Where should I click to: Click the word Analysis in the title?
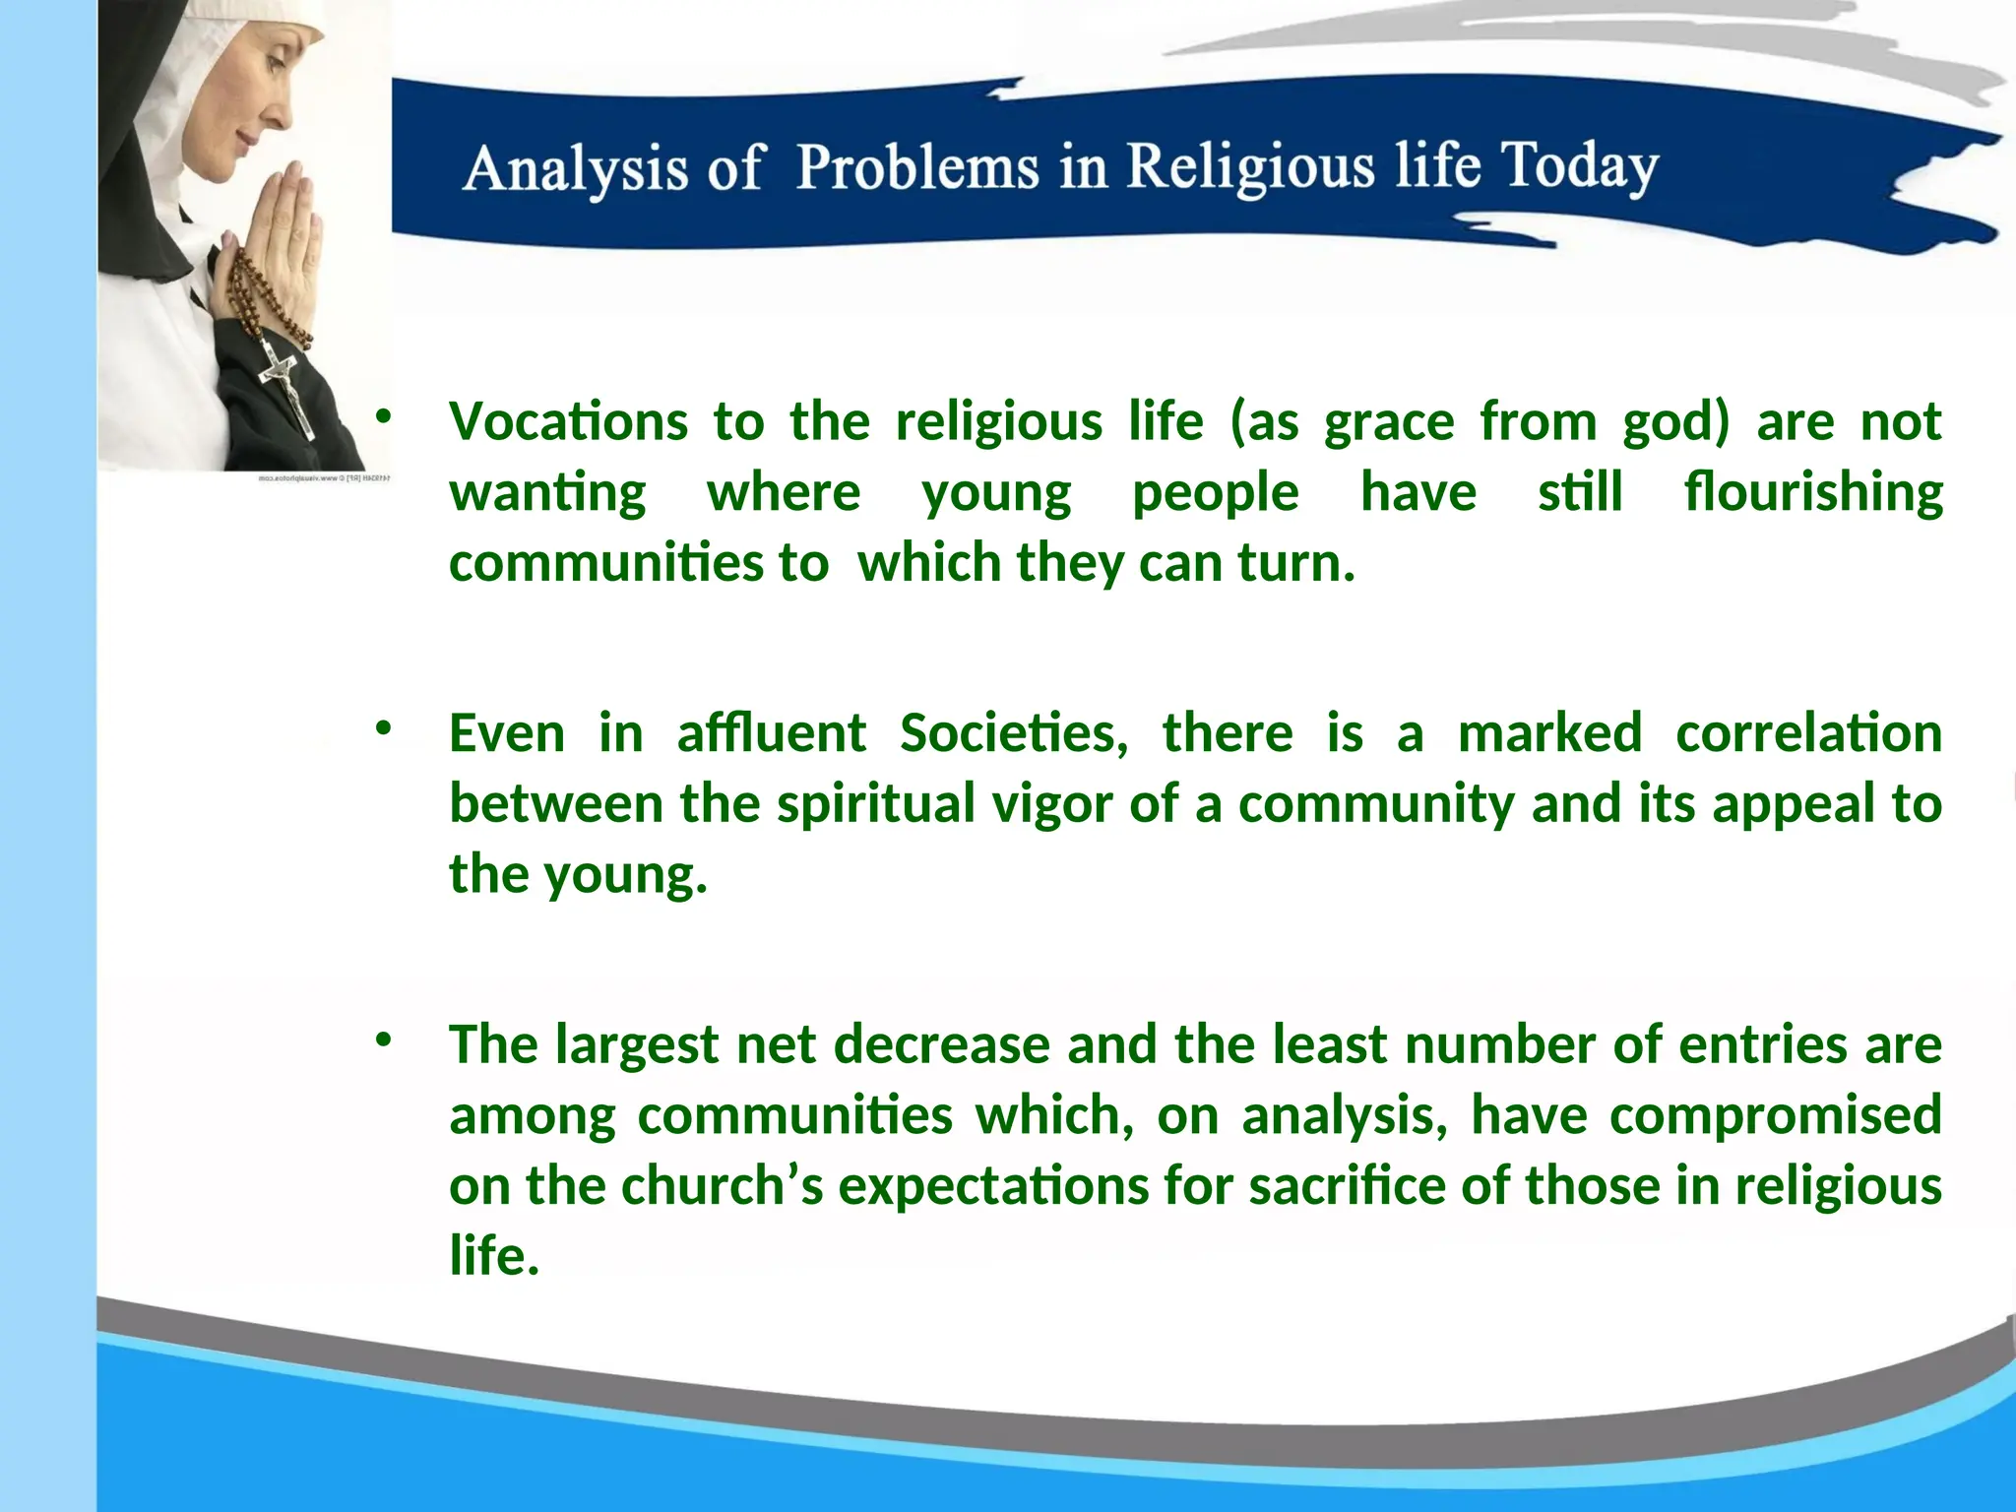(x=575, y=169)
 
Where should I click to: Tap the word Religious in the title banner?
(x=1250, y=165)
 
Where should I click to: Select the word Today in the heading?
(x=1579, y=165)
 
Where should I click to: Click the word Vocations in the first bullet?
(x=568, y=421)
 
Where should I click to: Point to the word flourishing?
(x=1812, y=492)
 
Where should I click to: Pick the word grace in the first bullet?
(x=1388, y=423)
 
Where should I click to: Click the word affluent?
(x=771, y=732)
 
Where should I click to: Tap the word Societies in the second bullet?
(x=1013, y=732)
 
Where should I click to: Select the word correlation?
(x=1808, y=732)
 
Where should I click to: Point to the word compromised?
(x=1775, y=1114)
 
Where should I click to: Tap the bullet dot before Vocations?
(x=384, y=417)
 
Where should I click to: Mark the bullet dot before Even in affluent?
(x=384, y=728)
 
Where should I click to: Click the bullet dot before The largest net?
(x=384, y=1039)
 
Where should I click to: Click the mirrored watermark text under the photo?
(x=325, y=478)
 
